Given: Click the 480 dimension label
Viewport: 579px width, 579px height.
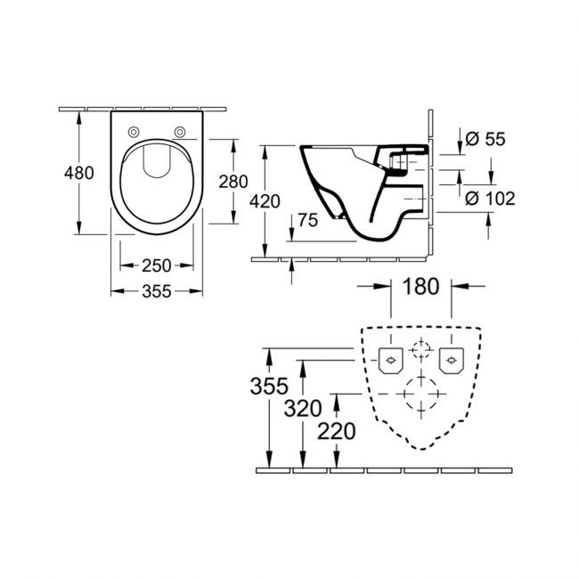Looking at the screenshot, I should click(80, 173).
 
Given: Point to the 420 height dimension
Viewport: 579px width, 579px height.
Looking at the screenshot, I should click(267, 200).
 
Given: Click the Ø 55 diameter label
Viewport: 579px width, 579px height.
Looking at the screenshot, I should click(485, 138).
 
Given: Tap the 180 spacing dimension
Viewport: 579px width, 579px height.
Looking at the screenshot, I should click(420, 286).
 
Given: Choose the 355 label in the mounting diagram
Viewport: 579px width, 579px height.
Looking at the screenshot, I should click(269, 386).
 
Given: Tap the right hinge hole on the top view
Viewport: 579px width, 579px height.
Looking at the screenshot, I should click(180, 132).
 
